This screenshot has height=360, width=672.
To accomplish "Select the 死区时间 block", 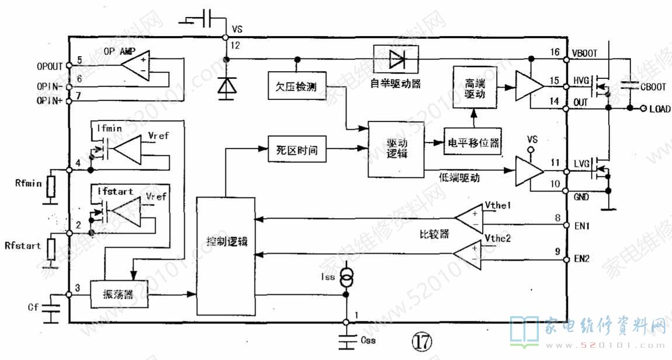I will pyautogui.click(x=296, y=150).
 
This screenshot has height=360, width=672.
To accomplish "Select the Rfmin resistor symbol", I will pyautogui.click(x=51, y=187).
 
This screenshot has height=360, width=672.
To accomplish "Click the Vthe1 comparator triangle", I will pyautogui.click(x=470, y=220).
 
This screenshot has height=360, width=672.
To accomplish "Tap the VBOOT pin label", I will pyautogui.click(x=585, y=53).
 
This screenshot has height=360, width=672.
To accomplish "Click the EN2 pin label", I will pyautogui.click(x=582, y=258).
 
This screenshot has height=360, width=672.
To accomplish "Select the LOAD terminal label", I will pyautogui.click(x=660, y=109).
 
